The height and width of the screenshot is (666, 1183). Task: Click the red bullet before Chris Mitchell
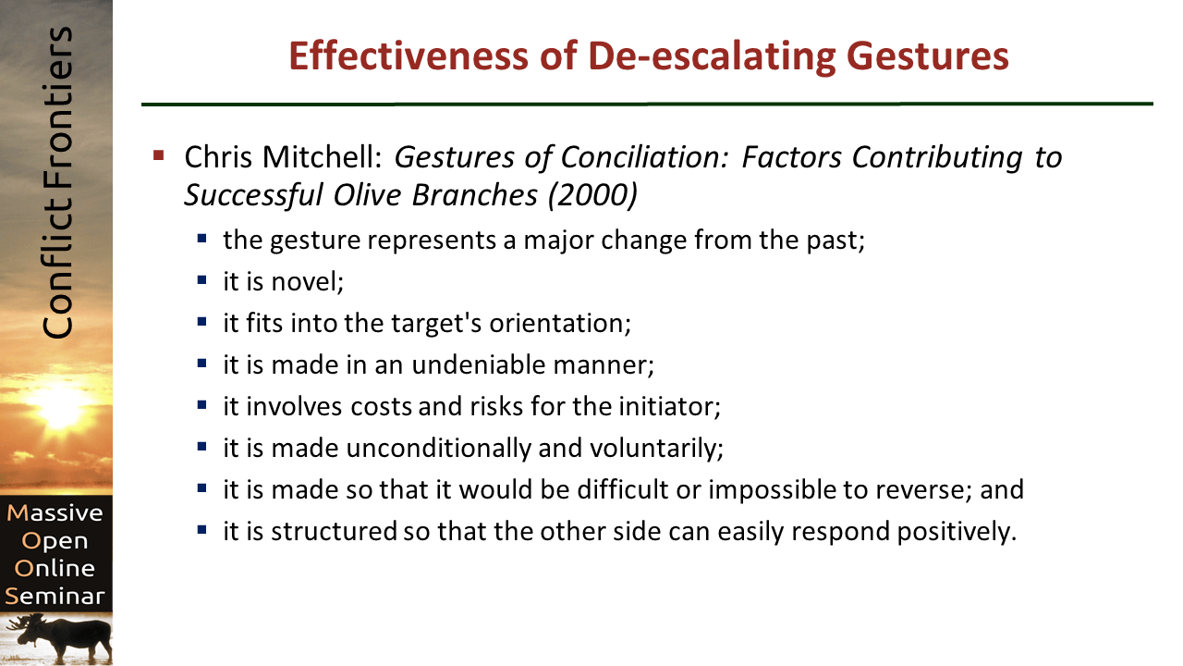click(159, 154)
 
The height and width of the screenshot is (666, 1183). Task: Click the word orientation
click(563, 323)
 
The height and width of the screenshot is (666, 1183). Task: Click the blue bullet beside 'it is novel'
click(202, 279)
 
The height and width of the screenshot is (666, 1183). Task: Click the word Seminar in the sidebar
click(55, 597)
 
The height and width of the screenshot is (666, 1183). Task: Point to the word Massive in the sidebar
click(55, 512)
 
